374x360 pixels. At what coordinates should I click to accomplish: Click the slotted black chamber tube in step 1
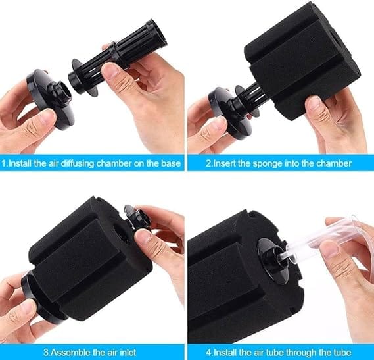pos(117,57)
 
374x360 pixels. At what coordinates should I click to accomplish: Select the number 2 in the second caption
pos(209,164)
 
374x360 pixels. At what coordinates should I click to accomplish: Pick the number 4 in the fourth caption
pos(209,353)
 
